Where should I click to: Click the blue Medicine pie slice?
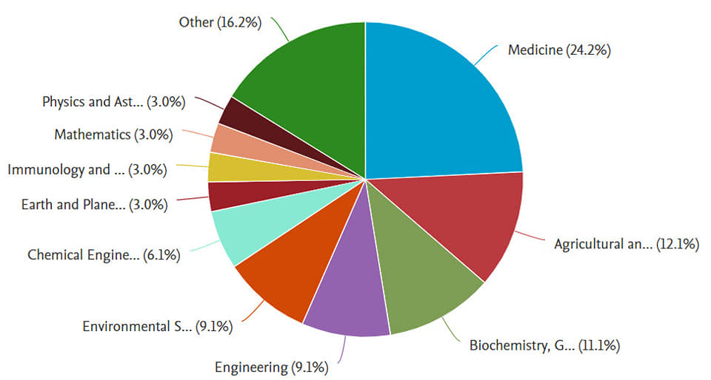pos(437,104)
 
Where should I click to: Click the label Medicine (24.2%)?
pos(559,51)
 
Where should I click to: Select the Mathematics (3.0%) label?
pos(113,135)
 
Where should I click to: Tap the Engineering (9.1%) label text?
pos(271,367)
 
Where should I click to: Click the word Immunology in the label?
pos(47,170)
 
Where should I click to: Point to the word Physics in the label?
pos(64,102)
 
